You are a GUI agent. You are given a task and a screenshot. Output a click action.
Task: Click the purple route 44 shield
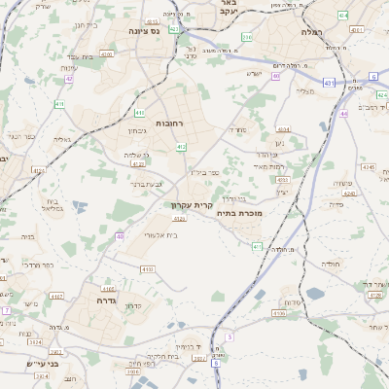point(344,114)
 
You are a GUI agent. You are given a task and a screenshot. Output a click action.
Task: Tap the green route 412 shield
point(181,147)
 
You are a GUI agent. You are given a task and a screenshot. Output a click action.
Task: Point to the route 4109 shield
point(279,313)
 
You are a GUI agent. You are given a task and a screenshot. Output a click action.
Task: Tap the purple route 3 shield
point(230,336)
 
